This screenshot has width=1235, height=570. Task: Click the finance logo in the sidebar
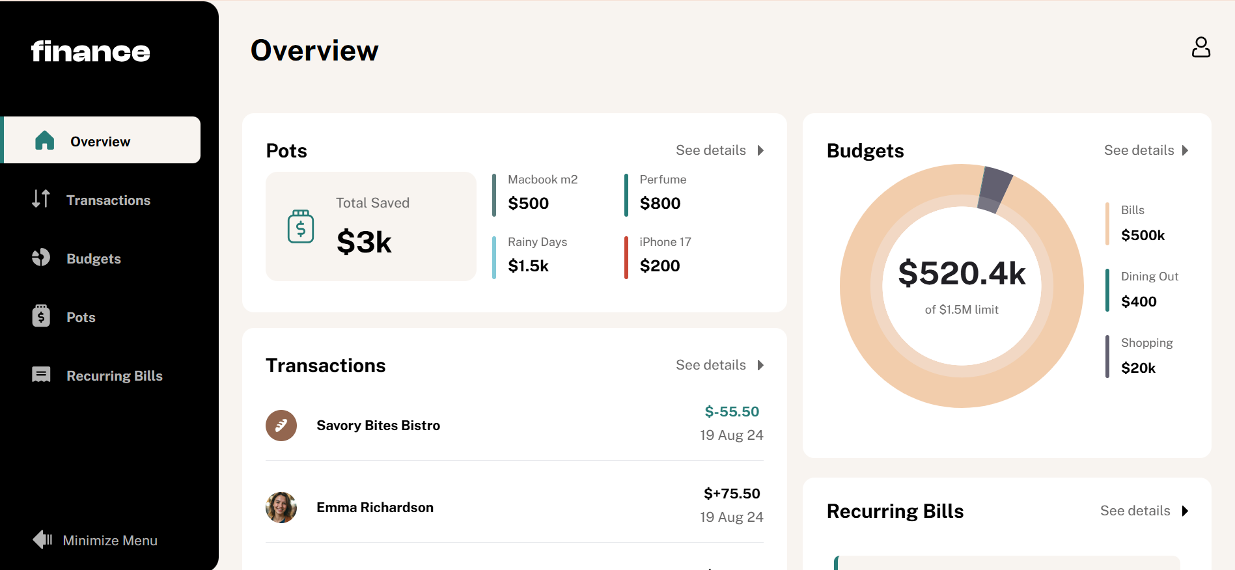90,51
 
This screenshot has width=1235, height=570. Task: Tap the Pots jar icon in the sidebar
41,316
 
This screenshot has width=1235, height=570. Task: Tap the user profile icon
1200,47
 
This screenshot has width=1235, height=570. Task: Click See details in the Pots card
719,150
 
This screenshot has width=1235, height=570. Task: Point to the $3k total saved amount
364,242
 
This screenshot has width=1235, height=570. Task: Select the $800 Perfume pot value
659,204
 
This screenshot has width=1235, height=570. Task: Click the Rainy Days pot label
537,242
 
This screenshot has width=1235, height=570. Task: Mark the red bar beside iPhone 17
626,258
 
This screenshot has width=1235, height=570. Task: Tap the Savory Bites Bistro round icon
281,426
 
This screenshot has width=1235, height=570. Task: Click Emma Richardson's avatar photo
281,508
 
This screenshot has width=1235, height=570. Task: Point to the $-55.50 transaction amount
731,412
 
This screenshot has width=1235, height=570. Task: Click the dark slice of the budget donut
994,189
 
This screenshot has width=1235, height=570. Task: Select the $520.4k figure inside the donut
962,273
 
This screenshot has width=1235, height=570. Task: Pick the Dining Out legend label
1149,277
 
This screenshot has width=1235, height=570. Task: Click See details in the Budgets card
1146,150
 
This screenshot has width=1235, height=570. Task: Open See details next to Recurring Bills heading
1143,511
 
